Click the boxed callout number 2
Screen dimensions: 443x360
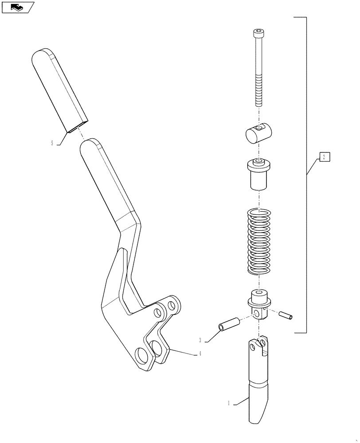[x=324, y=157]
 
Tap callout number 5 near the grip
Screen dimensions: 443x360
[x=52, y=143]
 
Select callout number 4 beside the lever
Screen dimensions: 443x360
[x=200, y=354]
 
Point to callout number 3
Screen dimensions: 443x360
[x=200, y=340]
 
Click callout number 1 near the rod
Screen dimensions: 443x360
[x=229, y=403]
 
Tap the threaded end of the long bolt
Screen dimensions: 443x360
[x=258, y=95]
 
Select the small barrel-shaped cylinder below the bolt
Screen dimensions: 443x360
[x=258, y=133]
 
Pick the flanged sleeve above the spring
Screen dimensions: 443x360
[x=258, y=174]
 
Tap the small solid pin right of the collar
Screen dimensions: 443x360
[x=286, y=316]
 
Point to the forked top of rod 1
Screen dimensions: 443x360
[x=258, y=346]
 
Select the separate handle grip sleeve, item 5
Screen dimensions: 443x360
[x=59, y=89]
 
